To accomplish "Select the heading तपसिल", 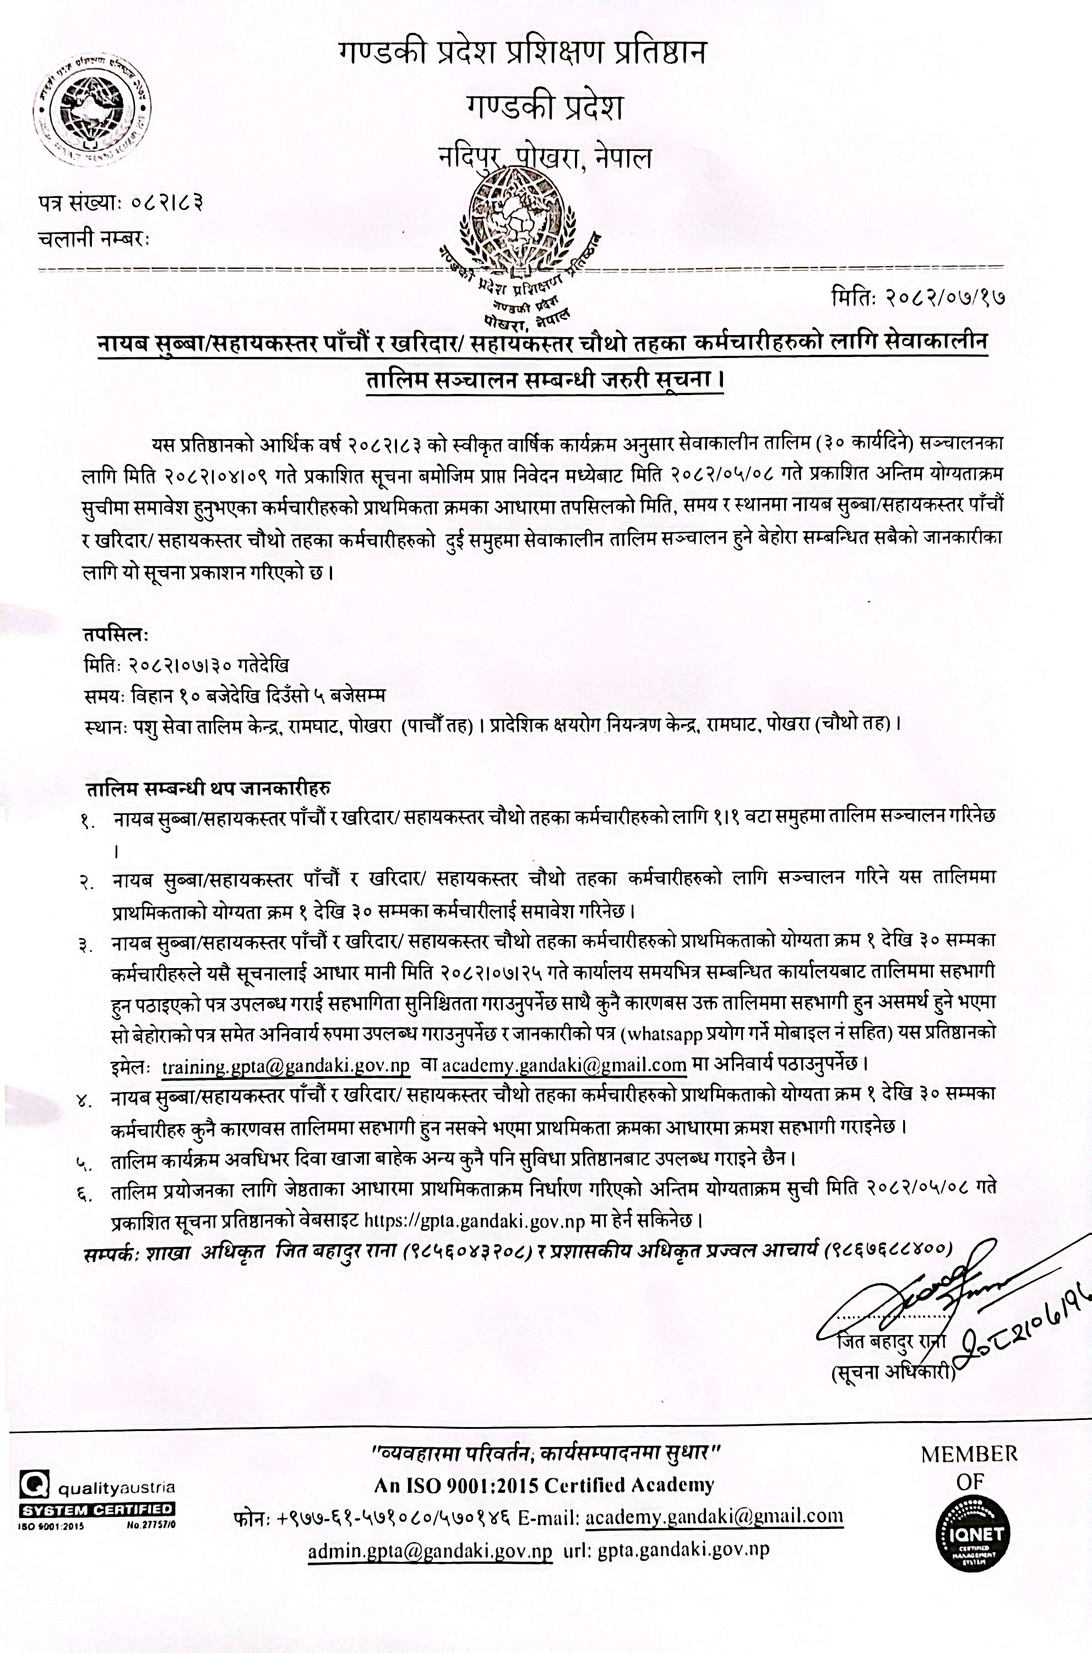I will coord(115,635).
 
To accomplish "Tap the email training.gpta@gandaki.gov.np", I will coord(286,1066).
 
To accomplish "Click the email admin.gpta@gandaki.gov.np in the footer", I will coord(431,1551).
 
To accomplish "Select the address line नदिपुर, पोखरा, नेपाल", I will coord(545,159).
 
